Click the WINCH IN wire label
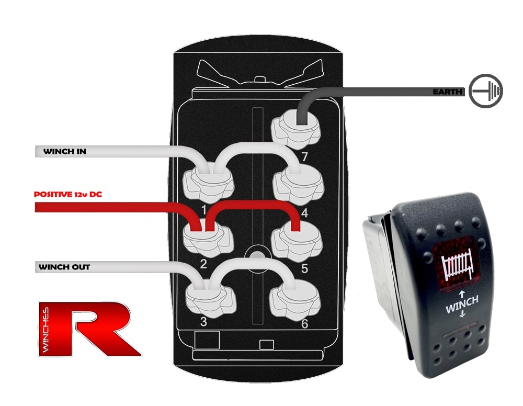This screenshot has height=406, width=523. coord(64,152)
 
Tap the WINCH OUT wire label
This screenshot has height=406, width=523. coord(64,267)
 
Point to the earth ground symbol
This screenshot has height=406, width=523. coord(485,92)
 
